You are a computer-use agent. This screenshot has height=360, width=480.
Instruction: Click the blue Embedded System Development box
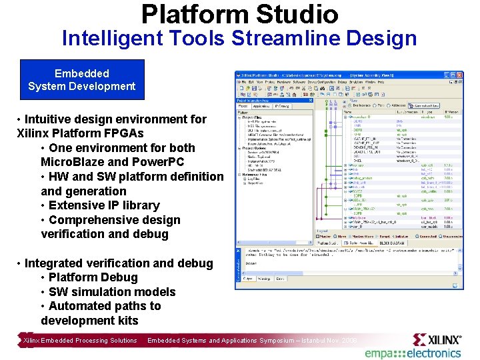pos(82,79)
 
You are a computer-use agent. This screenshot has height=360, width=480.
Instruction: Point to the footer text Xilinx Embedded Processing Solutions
pos(80,341)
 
